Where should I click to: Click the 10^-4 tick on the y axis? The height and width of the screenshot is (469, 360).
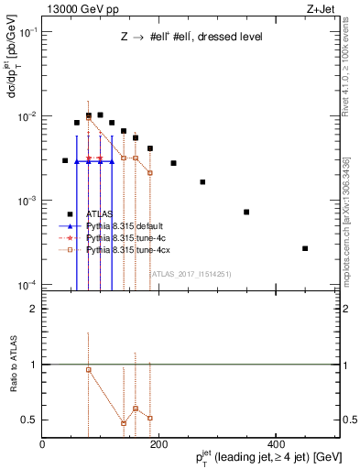(x=27, y=285)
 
